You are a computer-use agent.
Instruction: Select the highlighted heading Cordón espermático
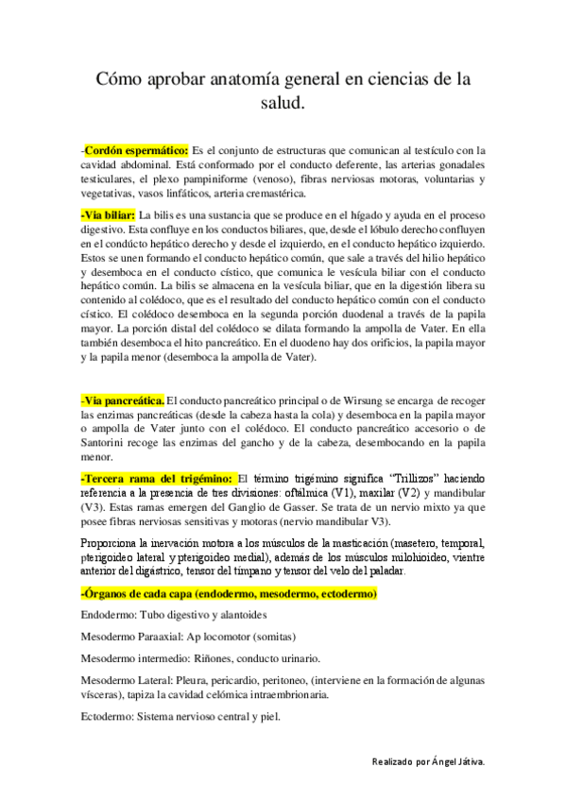pyautogui.click(x=136, y=149)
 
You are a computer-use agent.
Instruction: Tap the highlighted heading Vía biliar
pyautogui.click(x=109, y=214)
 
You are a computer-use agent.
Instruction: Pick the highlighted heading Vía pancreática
pyautogui.click(x=123, y=400)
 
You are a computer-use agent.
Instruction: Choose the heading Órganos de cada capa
pyautogui.click(x=231, y=593)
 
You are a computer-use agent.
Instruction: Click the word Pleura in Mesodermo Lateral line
pyautogui.click(x=194, y=680)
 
